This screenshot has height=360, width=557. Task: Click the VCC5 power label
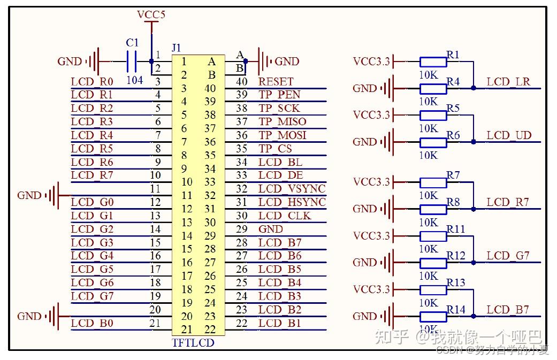pos(151,14)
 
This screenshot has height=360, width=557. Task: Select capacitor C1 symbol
pos(132,62)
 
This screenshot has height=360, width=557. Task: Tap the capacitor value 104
pos(135,80)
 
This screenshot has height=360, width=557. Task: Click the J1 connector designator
pos(177,48)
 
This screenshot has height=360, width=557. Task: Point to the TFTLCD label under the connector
pos(193,343)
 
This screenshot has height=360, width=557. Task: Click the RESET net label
pos(276,82)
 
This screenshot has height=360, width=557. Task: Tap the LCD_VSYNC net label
pos(292,189)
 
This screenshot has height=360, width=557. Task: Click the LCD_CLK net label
pos(285,216)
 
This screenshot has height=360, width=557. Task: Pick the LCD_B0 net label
pos(92,323)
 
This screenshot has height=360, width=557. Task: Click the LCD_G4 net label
pos(92,256)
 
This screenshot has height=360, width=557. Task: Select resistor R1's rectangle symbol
pos(433,62)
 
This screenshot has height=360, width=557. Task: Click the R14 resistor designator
pos(456,310)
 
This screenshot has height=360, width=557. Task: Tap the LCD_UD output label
pos(509,135)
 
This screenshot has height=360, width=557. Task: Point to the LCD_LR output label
pos(508,82)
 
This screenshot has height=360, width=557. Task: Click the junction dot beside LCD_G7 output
pos(474,263)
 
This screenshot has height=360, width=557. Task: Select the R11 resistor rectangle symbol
pos(433,236)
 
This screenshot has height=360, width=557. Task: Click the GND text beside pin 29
pos(271,229)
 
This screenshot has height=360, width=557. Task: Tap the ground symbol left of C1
pos(94,62)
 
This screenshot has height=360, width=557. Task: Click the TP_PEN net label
pos(279,95)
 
